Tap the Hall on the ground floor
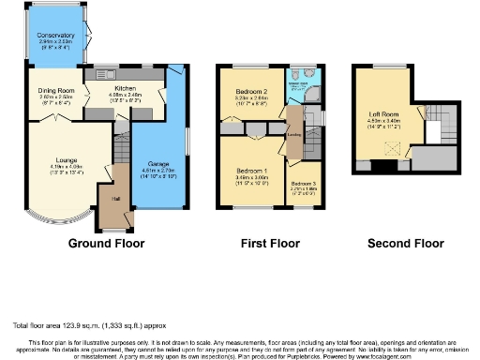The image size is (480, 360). [115, 200]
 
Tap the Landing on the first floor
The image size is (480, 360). [293, 134]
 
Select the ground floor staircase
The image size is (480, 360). [121, 147]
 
